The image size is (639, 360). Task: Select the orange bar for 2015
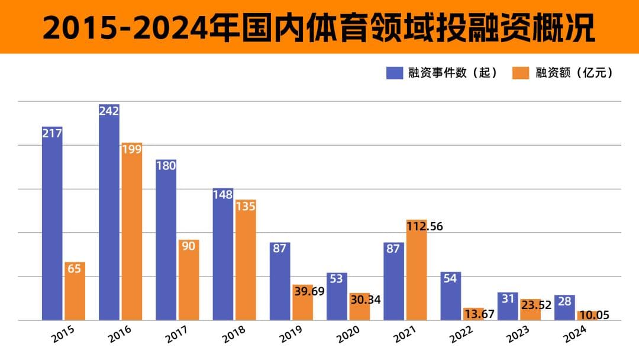[x=75, y=291]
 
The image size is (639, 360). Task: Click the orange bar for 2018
[x=246, y=261]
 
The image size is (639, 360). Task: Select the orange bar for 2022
[x=473, y=314]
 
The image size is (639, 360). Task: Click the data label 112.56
[x=424, y=226]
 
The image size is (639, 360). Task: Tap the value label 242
[x=109, y=111]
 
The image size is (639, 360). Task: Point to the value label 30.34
[x=364, y=300]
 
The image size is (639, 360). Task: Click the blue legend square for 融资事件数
[x=395, y=73]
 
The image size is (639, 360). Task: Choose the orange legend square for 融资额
[x=521, y=73]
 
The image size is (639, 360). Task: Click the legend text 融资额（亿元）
[x=573, y=73]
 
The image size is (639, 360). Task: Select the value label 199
[x=131, y=149]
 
